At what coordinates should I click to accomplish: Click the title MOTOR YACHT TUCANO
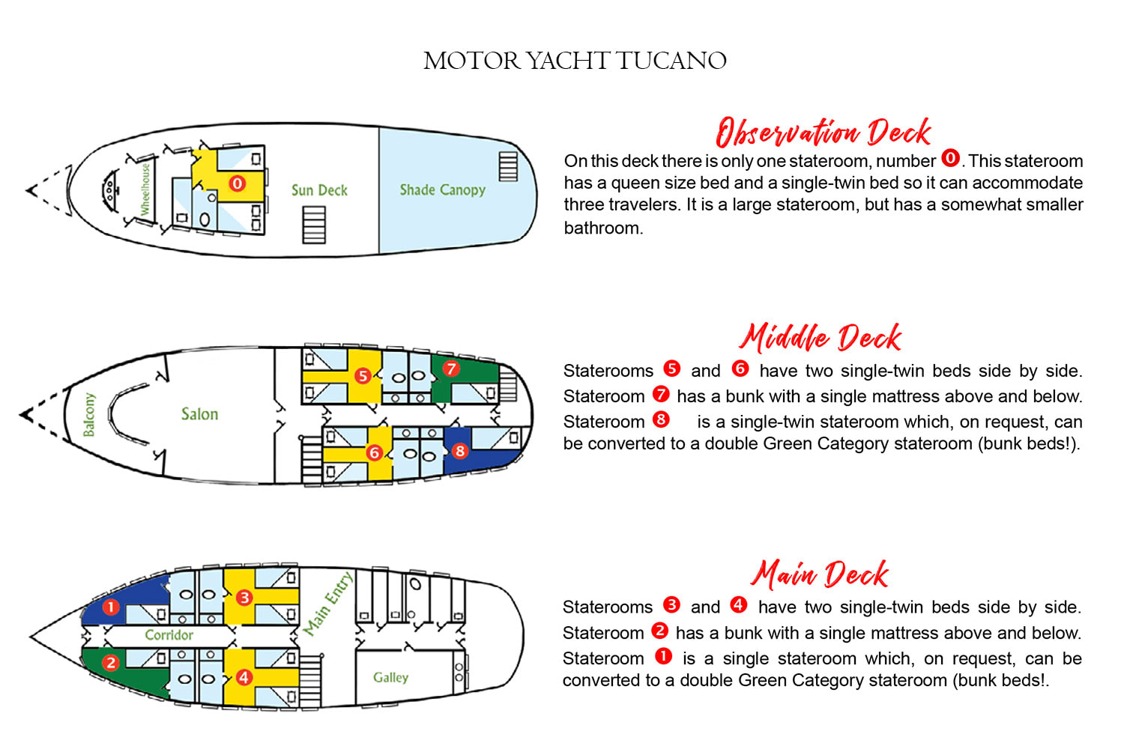(x=575, y=61)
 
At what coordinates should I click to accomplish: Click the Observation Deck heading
(x=823, y=133)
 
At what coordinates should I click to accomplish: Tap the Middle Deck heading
(x=821, y=338)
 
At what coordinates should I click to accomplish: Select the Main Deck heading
(x=821, y=574)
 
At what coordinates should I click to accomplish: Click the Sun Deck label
(x=319, y=190)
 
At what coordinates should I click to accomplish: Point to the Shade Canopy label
(x=442, y=190)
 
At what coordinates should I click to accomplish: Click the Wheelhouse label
(x=145, y=189)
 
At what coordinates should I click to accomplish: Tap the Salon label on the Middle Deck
(x=199, y=414)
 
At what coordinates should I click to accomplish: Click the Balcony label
(x=89, y=414)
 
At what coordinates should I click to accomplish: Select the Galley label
(x=390, y=677)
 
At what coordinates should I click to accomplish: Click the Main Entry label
(x=327, y=604)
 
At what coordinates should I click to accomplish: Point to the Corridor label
(x=169, y=635)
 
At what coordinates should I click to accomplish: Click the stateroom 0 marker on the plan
(x=237, y=184)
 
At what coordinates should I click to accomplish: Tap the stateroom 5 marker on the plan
(x=363, y=375)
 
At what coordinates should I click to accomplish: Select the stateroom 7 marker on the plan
(x=451, y=369)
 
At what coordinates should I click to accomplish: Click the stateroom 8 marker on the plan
(x=460, y=451)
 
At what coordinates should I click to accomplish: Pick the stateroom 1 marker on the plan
(x=111, y=607)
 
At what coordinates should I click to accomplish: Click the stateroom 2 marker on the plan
(x=111, y=663)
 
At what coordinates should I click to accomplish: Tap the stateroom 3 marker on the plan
(x=244, y=598)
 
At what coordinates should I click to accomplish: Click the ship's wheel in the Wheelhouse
(x=110, y=187)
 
